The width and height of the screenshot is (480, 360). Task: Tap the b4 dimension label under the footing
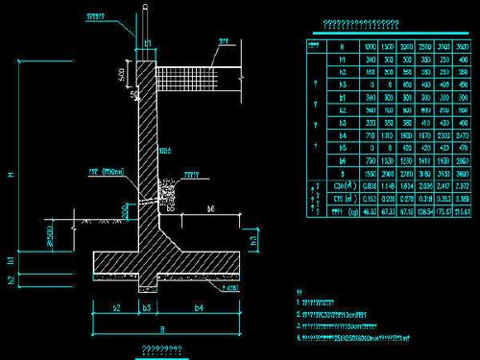pos(199,308)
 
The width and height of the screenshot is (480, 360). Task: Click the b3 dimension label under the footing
pos(147,308)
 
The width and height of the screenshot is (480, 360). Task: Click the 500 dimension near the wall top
pos(122,73)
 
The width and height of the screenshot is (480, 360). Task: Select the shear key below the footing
pos(147,285)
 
